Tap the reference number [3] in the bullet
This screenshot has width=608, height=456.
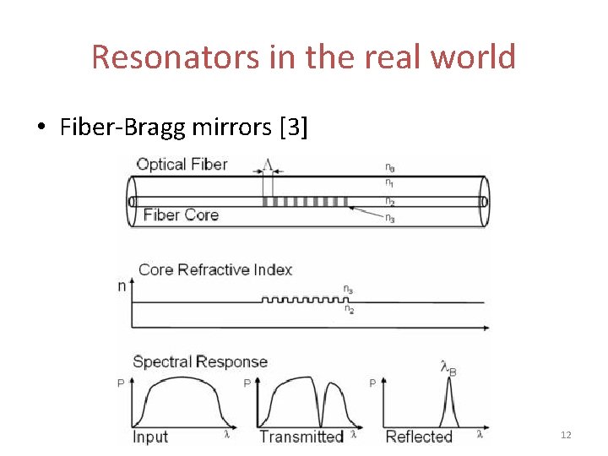(x=292, y=128)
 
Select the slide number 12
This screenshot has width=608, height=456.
(x=566, y=435)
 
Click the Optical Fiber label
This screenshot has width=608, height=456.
(x=182, y=164)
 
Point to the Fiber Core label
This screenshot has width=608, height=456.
(x=181, y=214)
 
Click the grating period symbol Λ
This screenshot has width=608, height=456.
(x=268, y=163)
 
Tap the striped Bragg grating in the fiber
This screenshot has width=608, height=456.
(x=304, y=202)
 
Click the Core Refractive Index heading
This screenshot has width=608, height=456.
(x=214, y=269)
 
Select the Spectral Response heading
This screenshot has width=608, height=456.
(x=200, y=362)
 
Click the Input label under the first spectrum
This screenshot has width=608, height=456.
(x=150, y=437)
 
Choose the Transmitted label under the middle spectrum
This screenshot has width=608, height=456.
(x=301, y=437)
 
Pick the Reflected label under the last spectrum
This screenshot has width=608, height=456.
(x=419, y=437)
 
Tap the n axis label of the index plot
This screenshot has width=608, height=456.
(x=122, y=285)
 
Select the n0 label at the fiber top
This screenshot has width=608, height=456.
(x=389, y=169)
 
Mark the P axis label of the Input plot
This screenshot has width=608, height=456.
(x=120, y=383)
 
